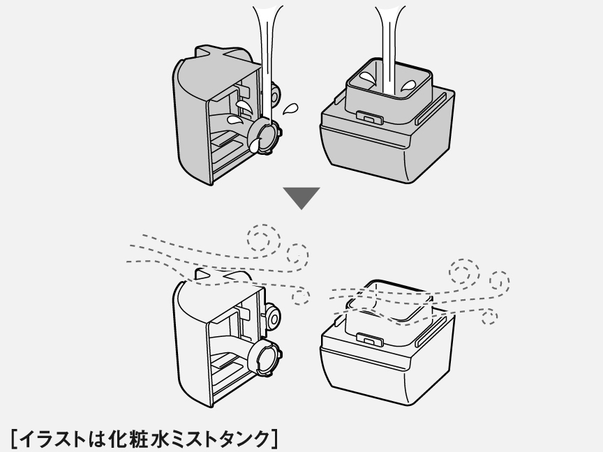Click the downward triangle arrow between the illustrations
click(x=301, y=197)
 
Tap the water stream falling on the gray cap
click(x=267, y=56)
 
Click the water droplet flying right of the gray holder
click(x=290, y=109)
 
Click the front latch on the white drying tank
click(x=366, y=340)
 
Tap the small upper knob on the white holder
click(x=273, y=318)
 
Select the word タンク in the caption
click(x=246, y=439)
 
